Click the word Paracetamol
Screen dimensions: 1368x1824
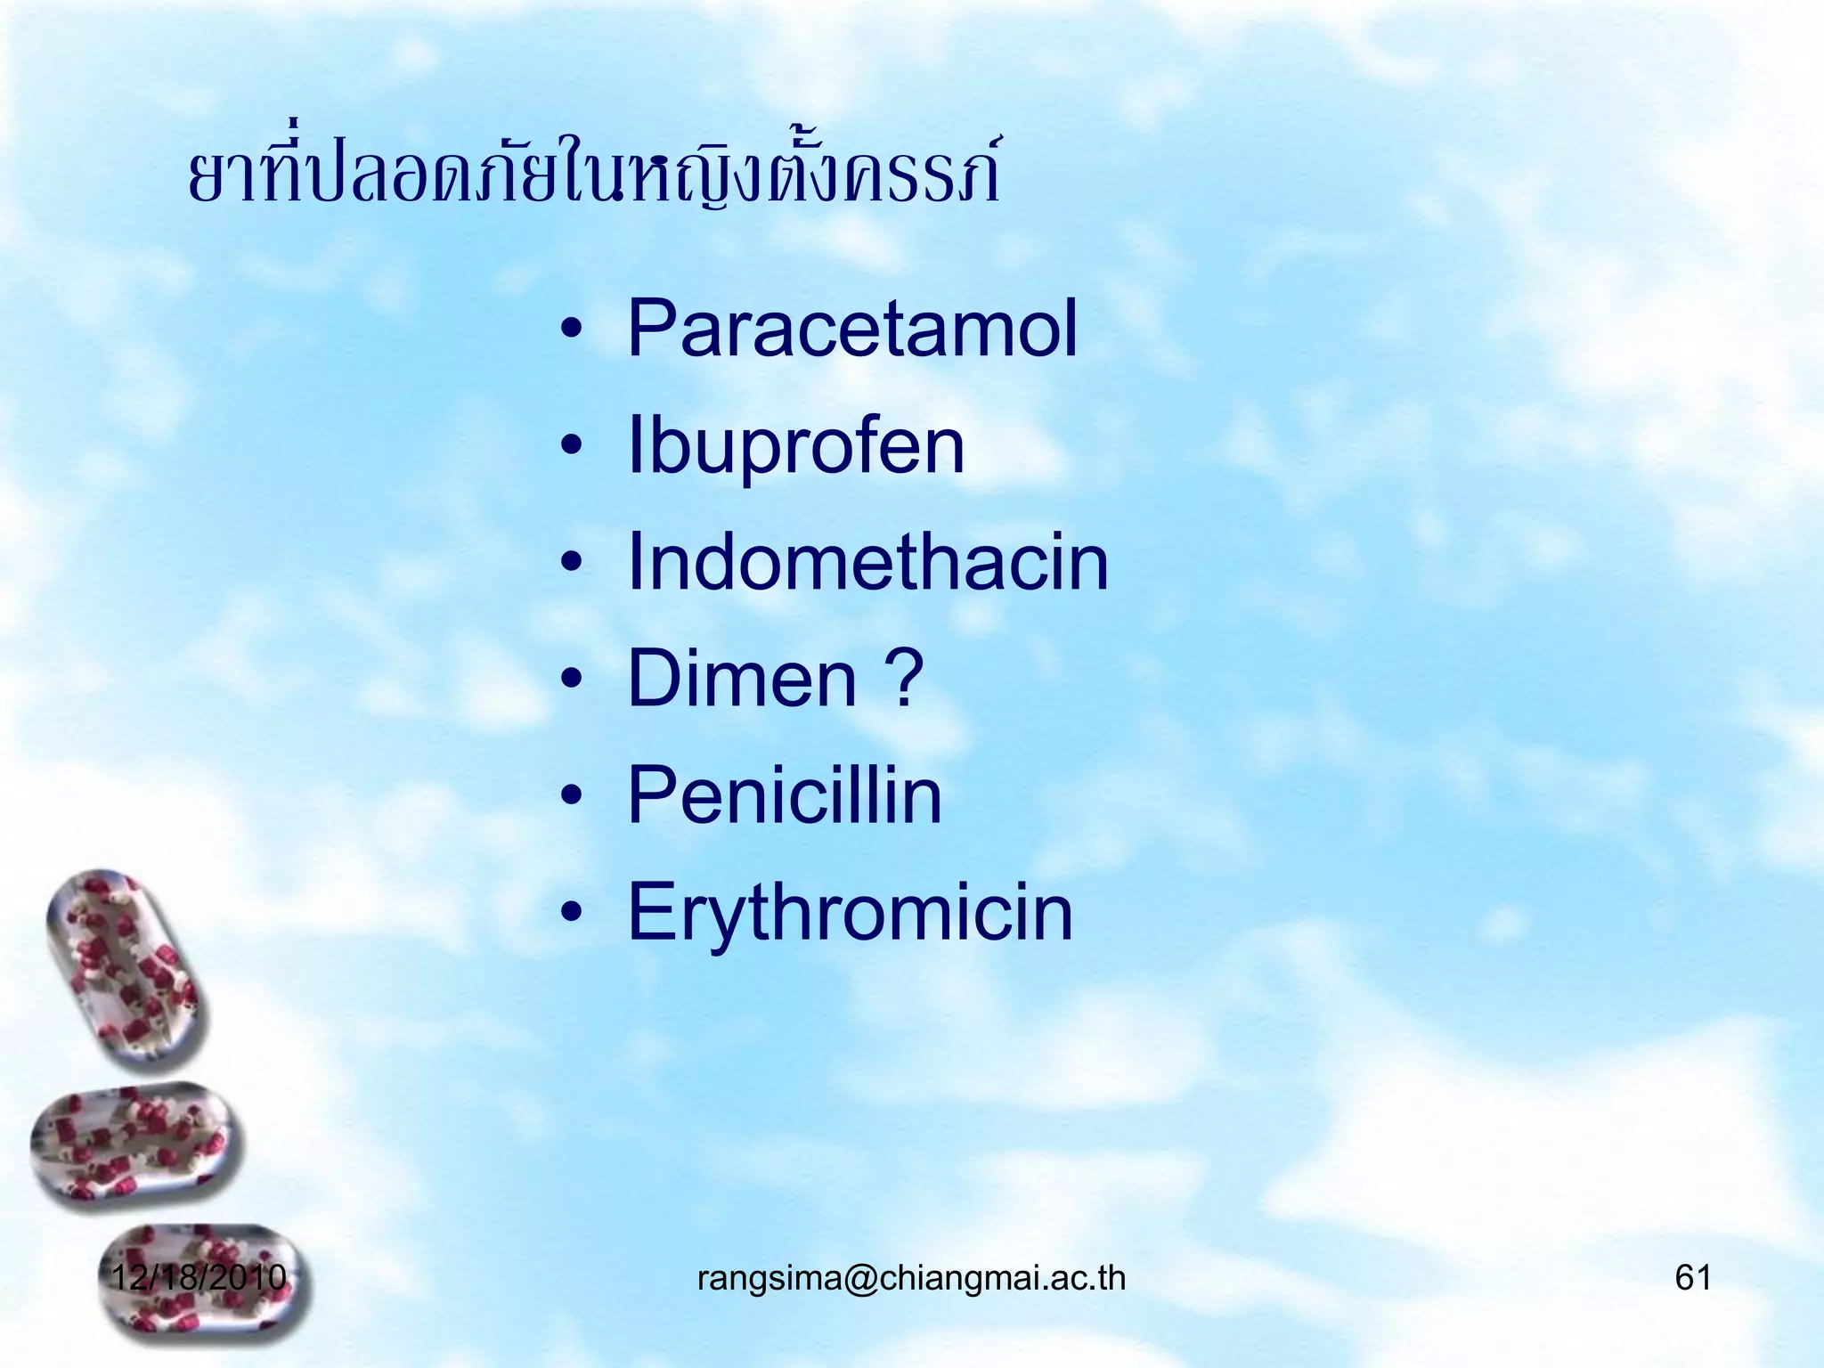tap(852, 329)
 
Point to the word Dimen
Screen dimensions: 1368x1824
tap(742, 679)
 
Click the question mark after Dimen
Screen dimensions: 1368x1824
tap(906, 679)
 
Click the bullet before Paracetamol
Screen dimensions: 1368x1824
tap(572, 332)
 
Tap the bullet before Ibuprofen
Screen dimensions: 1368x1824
tap(572, 449)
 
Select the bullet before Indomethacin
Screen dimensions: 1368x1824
tap(572, 566)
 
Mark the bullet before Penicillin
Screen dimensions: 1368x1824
tap(572, 799)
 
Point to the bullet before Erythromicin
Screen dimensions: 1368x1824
tap(572, 916)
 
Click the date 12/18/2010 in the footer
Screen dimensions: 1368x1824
tap(199, 1277)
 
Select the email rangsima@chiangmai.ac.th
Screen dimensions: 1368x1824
tap(911, 1278)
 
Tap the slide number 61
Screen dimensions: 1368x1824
tap(1693, 1277)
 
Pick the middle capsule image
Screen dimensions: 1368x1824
tap(135, 1147)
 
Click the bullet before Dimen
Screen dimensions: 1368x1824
tap(572, 682)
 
